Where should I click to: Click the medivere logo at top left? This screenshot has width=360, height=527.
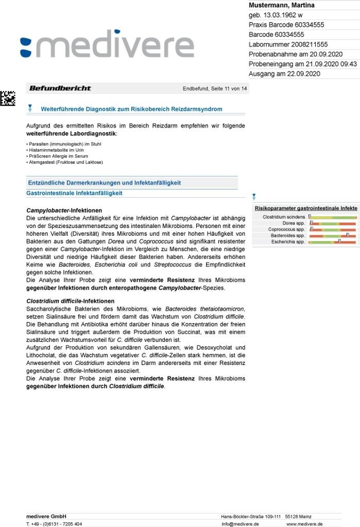pyautogui.click(x=107, y=46)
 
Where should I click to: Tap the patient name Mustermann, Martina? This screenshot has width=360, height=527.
pyautogui.click(x=282, y=5)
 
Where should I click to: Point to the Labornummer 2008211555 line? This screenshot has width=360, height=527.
pyautogui.click(x=288, y=44)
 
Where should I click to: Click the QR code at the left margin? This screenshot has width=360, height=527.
pyautogui.click(x=7, y=98)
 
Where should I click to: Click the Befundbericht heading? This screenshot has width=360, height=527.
pyautogui.click(x=60, y=89)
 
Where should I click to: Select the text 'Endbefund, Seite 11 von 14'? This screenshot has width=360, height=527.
pyautogui.click(x=215, y=89)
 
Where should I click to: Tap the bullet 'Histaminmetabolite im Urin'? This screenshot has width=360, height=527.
pyautogui.click(x=55, y=150)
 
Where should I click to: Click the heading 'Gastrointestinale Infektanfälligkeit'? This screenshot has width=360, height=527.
pyautogui.click(x=74, y=194)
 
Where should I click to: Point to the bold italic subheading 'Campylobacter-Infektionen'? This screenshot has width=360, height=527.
pyautogui.click(x=64, y=210)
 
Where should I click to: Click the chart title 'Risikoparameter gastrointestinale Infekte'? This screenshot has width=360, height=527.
pyautogui.click(x=306, y=208)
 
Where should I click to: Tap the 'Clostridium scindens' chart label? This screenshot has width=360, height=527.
pyautogui.click(x=284, y=217)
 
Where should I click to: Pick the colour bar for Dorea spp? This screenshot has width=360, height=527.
pyautogui.click(x=333, y=223)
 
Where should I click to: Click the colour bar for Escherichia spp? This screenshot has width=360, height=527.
pyautogui.click(x=333, y=241)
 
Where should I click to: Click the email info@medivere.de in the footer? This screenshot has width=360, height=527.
pyautogui.click(x=240, y=524)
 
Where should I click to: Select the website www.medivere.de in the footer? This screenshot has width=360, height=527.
pyautogui.click(x=304, y=524)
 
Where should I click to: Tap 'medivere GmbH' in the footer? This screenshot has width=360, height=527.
pyautogui.click(x=46, y=516)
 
